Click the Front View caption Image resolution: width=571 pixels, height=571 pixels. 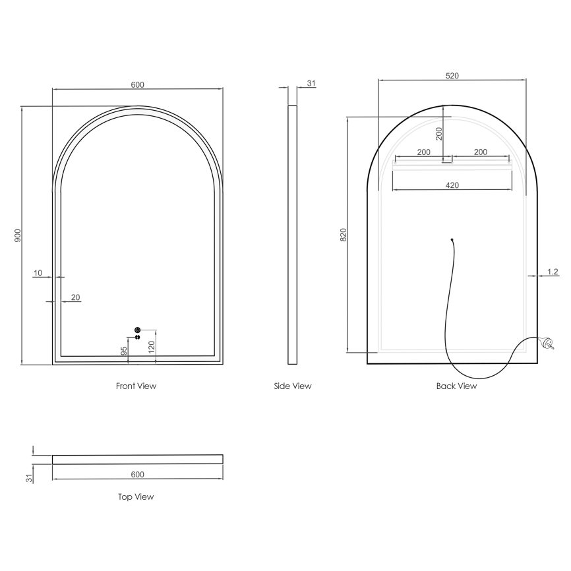coord(136,386)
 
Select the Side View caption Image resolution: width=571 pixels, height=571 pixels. coord(292,386)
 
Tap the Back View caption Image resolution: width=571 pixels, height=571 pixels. coord(456,386)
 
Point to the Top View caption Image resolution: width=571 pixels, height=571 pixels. coord(136,497)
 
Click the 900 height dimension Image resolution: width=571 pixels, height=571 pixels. coord(18,235)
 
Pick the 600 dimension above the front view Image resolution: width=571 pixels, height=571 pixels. coord(137,85)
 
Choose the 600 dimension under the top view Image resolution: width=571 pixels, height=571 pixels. coord(137,475)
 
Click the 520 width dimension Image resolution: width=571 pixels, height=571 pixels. coord(452,76)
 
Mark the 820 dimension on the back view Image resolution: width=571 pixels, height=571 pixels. coord(343,235)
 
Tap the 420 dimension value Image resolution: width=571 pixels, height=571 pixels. coord(452,185)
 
